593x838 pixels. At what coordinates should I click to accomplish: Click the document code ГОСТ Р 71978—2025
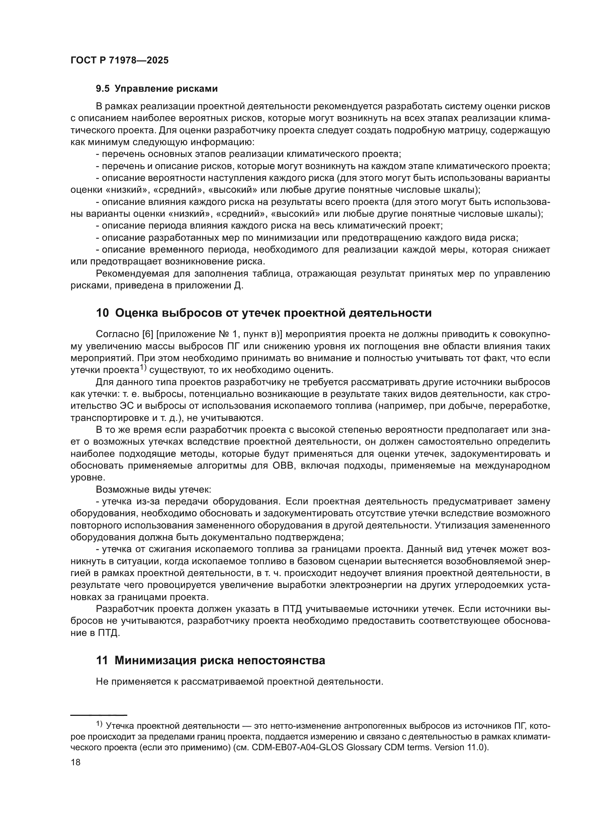pos(119,61)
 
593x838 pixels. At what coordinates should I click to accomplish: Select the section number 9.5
pos(102,89)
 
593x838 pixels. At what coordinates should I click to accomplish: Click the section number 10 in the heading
pos(102,313)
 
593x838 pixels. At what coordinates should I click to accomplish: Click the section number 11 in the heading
pos(102,661)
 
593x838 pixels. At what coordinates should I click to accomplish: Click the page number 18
pos(76,762)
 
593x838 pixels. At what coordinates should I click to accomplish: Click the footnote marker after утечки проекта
pos(142,368)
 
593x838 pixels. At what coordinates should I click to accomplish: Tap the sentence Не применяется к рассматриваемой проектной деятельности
pos(239,681)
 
